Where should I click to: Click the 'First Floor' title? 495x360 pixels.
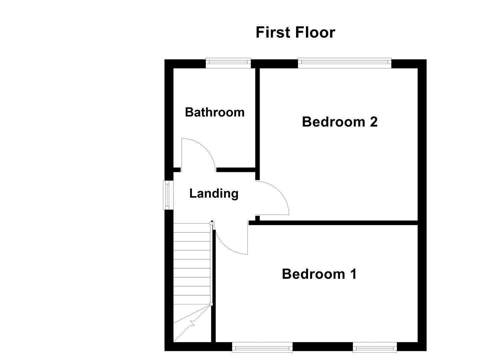coord(295,33)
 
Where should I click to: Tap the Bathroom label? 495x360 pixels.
coord(215,112)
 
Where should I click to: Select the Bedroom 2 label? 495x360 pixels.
coord(339,122)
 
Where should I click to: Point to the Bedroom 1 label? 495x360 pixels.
coord(319,274)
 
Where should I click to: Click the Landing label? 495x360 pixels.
coord(214,193)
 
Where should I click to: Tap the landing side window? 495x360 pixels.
coord(166,195)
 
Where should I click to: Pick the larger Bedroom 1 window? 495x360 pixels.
coord(262,348)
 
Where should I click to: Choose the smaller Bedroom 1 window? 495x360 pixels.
coord(375,348)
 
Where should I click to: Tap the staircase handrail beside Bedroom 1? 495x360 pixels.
coord(211,263)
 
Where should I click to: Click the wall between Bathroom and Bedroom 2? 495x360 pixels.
coord(257,120)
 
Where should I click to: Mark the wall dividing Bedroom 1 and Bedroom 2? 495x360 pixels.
coord(333,223)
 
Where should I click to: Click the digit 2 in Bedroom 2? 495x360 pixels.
coord(373,122)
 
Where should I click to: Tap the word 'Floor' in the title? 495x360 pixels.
coord(315,33)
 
